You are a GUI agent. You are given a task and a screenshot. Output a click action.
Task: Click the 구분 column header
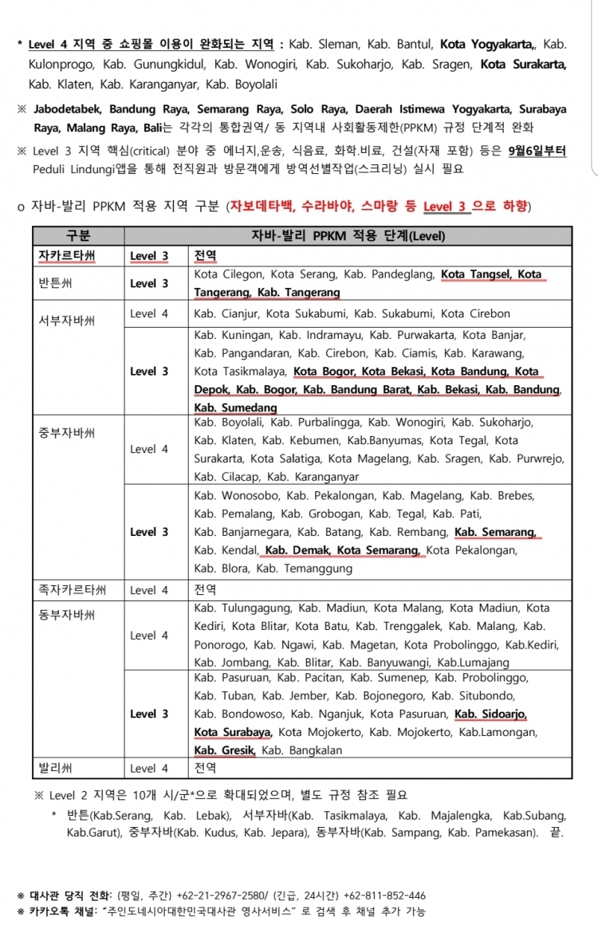coord(77,236)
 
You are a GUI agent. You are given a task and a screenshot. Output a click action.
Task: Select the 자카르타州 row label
coord(67,256)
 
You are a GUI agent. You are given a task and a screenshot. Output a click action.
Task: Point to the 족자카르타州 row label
coord(72,590)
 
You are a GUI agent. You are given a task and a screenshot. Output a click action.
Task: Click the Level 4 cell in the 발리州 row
coord(149,769)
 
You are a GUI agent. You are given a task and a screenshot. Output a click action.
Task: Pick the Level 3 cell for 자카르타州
coord(149,256)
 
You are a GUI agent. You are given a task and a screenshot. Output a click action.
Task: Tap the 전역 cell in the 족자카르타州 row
coord(205,590)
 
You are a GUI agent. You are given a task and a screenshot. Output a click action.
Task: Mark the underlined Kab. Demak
coord(297,550)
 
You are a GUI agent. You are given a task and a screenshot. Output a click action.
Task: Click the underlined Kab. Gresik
coord(224,750)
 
